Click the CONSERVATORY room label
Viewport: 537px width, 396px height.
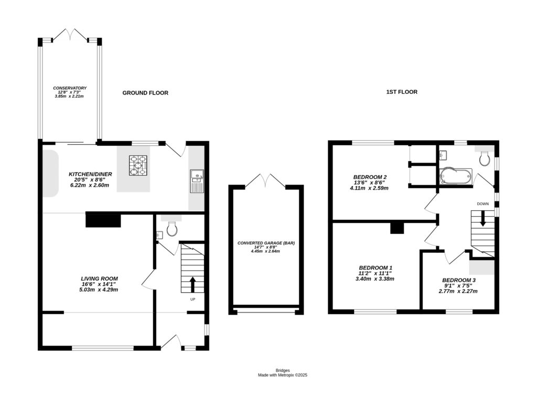point(70,88)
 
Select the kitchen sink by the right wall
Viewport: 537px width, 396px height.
point(197,180)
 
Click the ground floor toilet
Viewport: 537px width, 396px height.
point(171,228)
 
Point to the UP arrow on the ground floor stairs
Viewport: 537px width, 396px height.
point(192,284)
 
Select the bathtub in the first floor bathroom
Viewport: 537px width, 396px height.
point(456,176)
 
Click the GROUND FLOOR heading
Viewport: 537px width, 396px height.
point(145,93)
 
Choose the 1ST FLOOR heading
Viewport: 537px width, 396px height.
point(402,92)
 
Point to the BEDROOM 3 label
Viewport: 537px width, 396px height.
point(459,280)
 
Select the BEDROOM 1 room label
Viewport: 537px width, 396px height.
point(375,267)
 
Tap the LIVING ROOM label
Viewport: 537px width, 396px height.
point(99,279)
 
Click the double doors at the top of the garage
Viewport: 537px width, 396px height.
point(266,181)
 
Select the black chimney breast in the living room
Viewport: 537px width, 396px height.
point(103,220)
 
